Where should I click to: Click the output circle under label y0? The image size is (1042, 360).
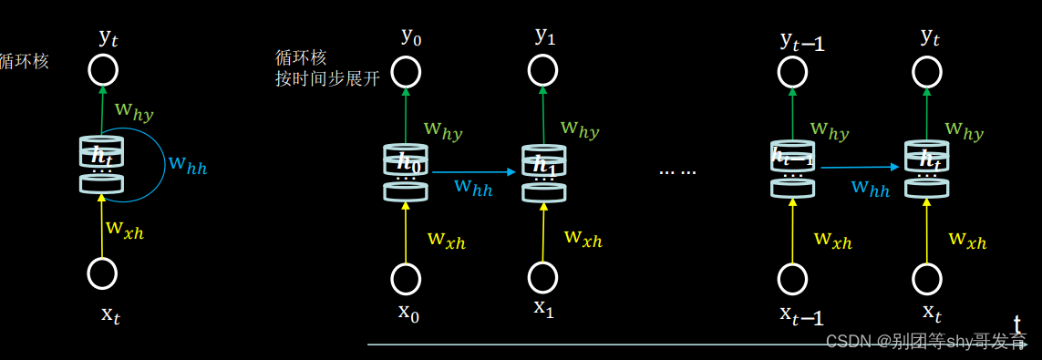pyautogui.click(x=406, y=71)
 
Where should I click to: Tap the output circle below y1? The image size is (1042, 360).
pyautogui.click(x=543, y=70)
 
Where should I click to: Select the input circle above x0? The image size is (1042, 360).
pyautogui.click(x=406, y=278)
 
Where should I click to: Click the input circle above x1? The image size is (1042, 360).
pyautogui.click(x=543, y=277)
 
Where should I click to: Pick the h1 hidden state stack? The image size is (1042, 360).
pyautogui.click(x=544, y=172)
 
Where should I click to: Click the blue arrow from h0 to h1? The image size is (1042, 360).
pyautogui.click(x=474, y=171)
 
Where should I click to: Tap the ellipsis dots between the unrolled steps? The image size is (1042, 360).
pyautogui.click(x=677, y=170)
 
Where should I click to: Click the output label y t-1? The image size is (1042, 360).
pyautogui.click(x=802, y=40)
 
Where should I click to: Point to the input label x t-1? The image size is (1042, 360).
pyautogui.click(x=802, y=315)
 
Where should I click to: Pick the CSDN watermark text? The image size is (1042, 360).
pyautogui.click(x=926, y=342)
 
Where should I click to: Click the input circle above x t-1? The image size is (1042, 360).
pyautogui.click(x=792, y=278)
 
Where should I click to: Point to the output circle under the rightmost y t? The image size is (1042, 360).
pyautogui.click(x=928, y=71)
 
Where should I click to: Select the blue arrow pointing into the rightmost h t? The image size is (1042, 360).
pyautogui.click(x=861, y=167)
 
